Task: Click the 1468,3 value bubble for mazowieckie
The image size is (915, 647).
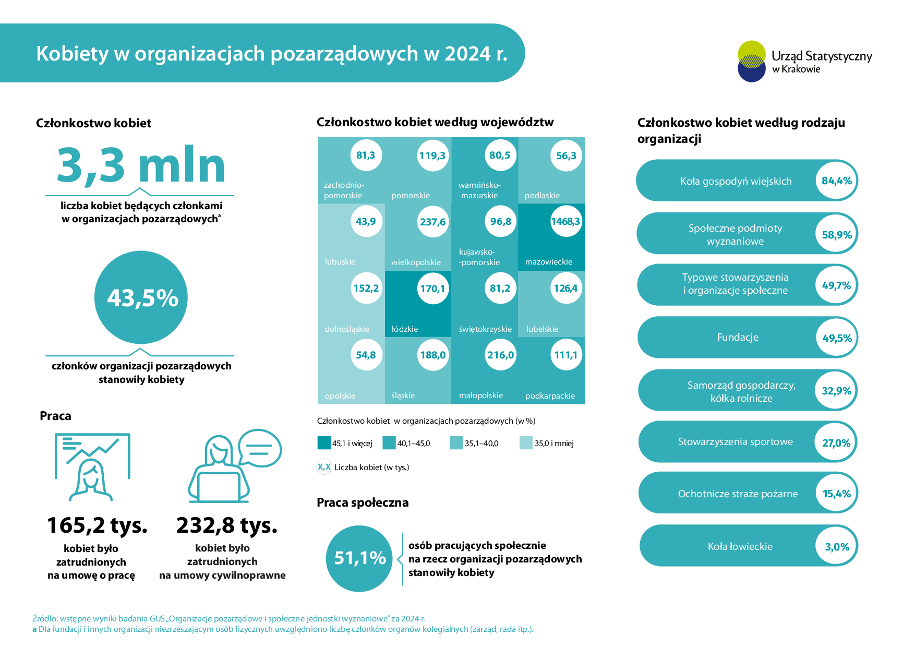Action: pyautogui.click(x=565, y=222)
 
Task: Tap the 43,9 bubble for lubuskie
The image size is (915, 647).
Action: pyautogui.click(x=366, y=222)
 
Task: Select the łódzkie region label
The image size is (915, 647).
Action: pyautogui.click(x=405, y=329)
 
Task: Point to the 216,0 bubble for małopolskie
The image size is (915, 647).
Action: pyautogui.click(x=500, y=355)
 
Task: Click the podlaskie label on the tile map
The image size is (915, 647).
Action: pyautogui.click(x=542, y=196)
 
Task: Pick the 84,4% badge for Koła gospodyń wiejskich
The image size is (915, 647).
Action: pyautogui.click(x=836, y=181)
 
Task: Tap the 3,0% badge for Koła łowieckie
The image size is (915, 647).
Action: pyautogui.click(x=837, y=547)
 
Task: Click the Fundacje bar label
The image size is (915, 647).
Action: pyautogui.click(x=738, y=338)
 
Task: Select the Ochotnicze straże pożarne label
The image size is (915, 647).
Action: pyautogui.click(x=738, y=494)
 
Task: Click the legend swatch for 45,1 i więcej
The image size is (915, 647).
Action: pyautogui.click(x=324, y=443)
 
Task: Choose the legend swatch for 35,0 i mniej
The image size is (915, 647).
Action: pyautogui.click(x=526, y=443)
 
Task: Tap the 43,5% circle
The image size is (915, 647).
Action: pyautogui.click(x=141, y=297)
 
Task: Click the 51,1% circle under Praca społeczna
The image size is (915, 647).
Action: pyautogui.click(x=359, y=558)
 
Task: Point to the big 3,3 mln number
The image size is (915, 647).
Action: pyautogui.click(x=141, y=165)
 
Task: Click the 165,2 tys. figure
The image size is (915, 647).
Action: pyautogui.click(x=98, y=525)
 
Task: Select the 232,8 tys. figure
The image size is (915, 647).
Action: pyautogui.click(x=227, y=525)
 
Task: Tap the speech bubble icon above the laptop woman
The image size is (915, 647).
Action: pyautogui.click(x=260, y=448)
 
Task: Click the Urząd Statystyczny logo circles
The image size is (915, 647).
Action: pyautogui.click(x=752, y=61)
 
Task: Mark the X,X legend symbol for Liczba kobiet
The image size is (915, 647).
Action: pyautogui.click(x=324, y=467)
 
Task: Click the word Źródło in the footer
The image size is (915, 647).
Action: pyautogui.click(x=44, y=619)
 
